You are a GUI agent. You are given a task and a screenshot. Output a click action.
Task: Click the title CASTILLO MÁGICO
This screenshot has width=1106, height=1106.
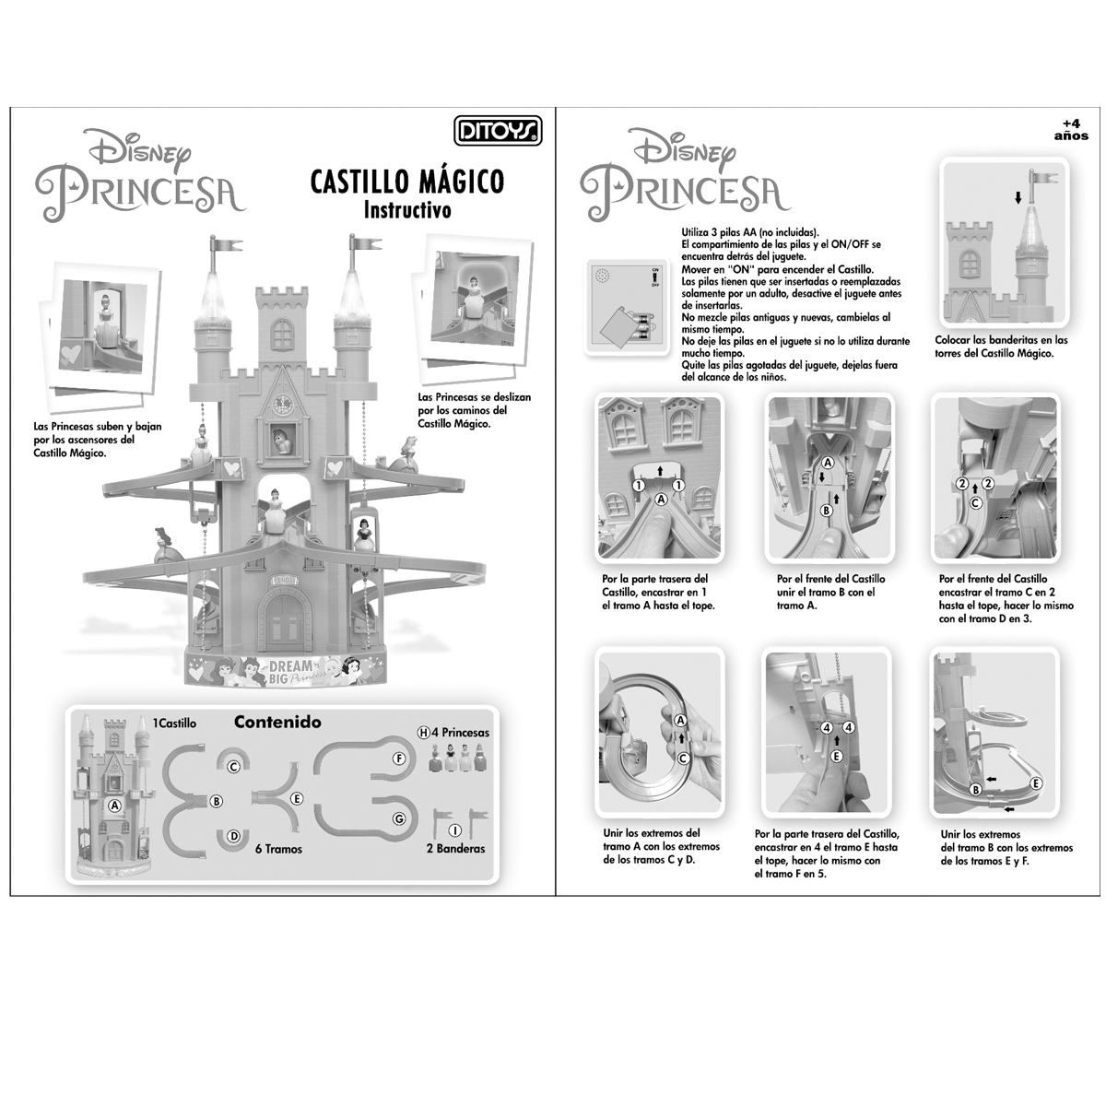click(407, 181)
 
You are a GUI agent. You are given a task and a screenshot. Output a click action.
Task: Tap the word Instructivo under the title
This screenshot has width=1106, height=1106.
click(407, 209)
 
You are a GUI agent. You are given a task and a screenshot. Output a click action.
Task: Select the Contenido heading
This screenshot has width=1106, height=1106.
click(277, 722)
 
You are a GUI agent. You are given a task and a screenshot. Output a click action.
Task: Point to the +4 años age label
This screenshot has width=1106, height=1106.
click(1071, 129)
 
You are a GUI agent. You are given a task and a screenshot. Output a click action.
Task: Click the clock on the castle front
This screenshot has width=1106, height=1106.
click(281, 404)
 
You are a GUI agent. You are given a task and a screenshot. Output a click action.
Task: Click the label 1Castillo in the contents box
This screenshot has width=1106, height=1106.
click(174, 724)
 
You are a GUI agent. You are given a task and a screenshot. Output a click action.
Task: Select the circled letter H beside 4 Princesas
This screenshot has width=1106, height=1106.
click(423, 733)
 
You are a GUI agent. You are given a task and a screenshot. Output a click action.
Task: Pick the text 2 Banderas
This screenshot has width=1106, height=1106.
click(455, 848)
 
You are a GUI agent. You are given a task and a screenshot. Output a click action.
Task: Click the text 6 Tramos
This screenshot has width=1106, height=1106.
click(278, 849)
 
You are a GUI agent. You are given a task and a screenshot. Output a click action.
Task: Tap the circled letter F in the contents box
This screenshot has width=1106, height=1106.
click(399, 759)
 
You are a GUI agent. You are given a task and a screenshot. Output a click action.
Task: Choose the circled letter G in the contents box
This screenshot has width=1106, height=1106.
click(399, 818)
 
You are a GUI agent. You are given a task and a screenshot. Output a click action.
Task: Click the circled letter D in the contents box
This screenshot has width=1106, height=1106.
click(235, 836)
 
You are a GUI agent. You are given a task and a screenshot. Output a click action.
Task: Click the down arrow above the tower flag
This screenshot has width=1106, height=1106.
click(1018, 197)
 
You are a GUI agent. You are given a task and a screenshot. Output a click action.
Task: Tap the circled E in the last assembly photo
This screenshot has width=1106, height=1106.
click(1037, 782)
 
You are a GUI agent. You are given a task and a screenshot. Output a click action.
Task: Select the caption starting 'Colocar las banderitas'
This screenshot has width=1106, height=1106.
click(1001, 346)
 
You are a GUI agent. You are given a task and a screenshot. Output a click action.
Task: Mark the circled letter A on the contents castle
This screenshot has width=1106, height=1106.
click(115, 804)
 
